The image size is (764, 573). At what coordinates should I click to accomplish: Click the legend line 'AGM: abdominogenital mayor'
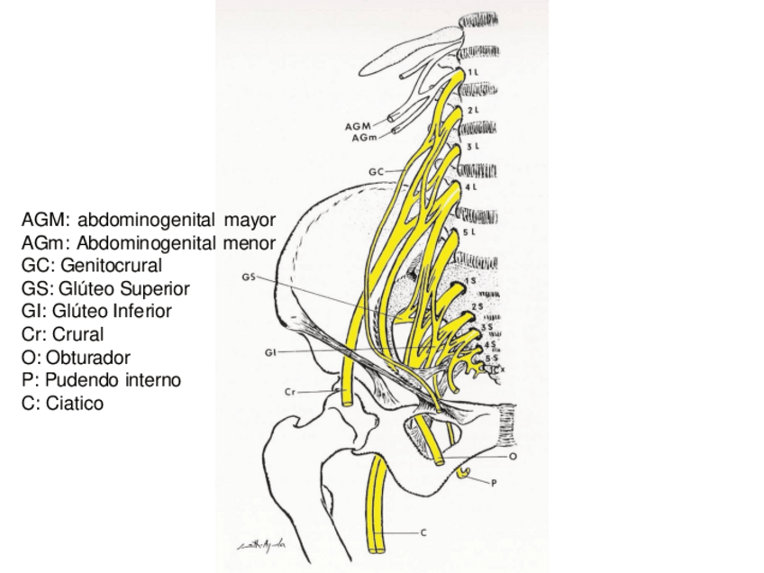[x=149, y=220]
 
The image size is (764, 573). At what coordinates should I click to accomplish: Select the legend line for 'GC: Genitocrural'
[x=92, y=266]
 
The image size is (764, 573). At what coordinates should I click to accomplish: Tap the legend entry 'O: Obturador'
[x=77, y=358]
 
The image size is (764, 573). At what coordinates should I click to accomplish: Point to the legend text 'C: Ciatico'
[x=62, y=404]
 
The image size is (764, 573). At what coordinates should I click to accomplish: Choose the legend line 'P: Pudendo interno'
[x=102, y=380]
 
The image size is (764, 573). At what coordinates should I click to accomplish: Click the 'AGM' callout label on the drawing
[x=357, y=127]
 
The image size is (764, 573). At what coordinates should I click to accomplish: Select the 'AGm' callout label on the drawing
[x=363, y=137]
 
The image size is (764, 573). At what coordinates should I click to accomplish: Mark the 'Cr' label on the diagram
[x=291, y=392]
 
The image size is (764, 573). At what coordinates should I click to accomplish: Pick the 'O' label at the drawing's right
[x=512, y=457]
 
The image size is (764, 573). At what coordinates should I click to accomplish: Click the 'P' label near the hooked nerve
[x=494, y=484]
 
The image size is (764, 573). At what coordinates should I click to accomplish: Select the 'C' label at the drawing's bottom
[x=424, y=532]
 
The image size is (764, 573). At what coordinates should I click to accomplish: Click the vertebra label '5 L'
[x=468, y=232]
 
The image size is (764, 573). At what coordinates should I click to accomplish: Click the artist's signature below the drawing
[x=262, y=544]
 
